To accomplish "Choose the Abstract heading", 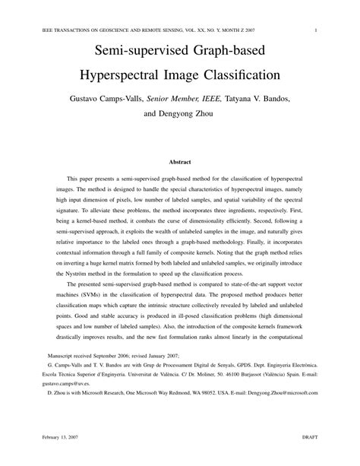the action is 180,162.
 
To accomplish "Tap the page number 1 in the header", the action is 314,31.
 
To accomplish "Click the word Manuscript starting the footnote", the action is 63,355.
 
